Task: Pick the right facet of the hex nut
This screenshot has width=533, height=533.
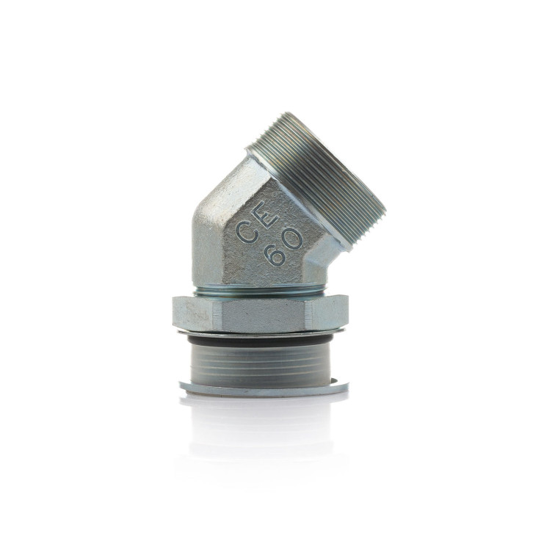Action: point(324,315)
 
